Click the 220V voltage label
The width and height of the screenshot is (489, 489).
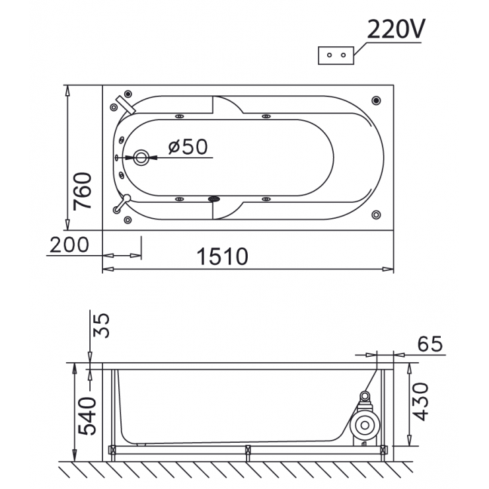click(396, 29)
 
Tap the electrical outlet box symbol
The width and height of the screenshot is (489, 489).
click(336, 56)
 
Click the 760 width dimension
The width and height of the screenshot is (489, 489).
click(83, 191)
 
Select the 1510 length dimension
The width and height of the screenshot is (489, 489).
click(222, 256)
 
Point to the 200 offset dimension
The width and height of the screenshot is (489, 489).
click(69, 244)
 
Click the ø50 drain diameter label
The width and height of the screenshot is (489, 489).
click(188, 147)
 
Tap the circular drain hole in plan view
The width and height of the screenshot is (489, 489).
click(141, 158)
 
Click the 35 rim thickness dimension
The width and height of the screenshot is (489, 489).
click(102, 325)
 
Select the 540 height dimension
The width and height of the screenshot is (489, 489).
click(87, 416)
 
